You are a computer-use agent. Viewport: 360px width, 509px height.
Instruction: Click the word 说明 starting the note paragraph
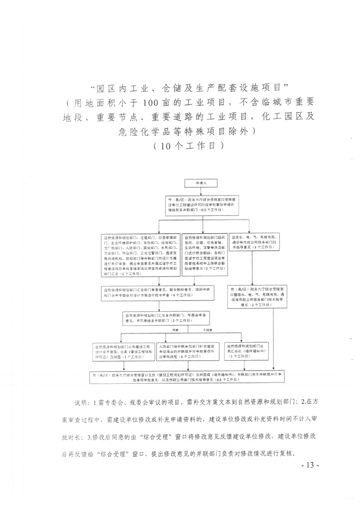(x=83, y=402)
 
